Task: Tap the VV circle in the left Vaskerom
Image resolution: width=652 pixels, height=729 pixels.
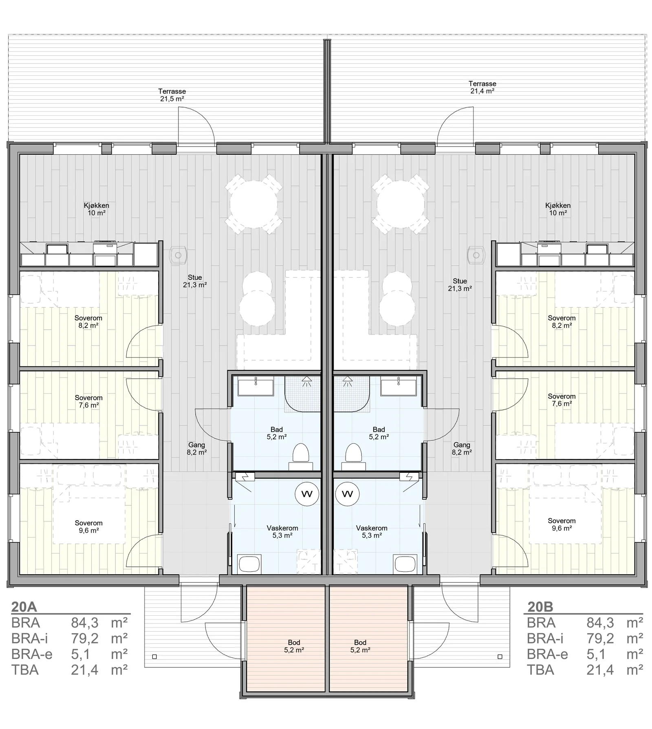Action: click(307, 494)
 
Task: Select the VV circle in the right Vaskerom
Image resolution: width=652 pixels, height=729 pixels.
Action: click(347, 494)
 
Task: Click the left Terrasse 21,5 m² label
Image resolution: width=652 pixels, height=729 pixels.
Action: click(172, 95)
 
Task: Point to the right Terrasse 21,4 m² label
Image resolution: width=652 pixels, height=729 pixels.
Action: click(482, 87)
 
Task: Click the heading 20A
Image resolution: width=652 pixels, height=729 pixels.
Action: click(24, 607)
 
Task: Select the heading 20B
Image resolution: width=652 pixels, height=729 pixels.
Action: click(540, 607)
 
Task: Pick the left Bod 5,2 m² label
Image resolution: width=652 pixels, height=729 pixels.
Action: click(294, 646)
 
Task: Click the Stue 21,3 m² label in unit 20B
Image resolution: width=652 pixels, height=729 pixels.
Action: click(460, 284)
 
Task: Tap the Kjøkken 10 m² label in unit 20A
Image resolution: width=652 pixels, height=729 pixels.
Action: click(96, 209)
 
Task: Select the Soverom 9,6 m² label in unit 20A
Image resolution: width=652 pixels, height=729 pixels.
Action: click(88, 526)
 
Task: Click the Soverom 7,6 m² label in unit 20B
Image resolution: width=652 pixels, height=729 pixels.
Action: click(562, 400)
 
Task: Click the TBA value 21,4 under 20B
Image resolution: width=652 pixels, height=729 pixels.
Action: click(600, 670)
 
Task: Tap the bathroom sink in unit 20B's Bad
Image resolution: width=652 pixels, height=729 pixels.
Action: click(399, 386)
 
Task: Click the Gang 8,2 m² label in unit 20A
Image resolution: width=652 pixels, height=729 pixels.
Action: click(196, 448)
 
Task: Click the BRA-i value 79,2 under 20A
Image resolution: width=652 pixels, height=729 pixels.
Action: click(85, 639)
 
